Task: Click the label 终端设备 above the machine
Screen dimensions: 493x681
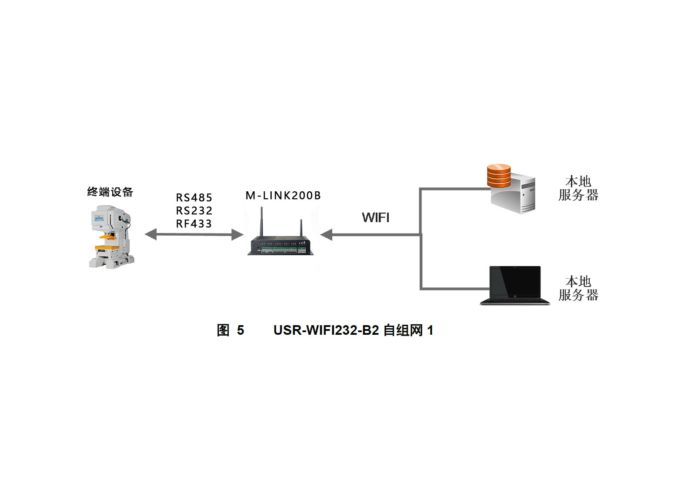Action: (110, 192)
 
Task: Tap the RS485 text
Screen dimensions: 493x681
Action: (194, 198)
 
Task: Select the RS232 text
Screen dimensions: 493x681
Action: (194, 211)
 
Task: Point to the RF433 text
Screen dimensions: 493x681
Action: (194, 224)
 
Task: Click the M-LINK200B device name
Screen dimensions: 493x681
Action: (283, 196)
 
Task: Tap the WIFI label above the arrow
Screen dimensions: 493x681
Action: (376, 217)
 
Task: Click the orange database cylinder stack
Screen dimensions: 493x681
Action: (499, 176)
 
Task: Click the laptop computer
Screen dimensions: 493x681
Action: (515, 285)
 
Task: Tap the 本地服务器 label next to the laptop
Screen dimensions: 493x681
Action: (578, 288)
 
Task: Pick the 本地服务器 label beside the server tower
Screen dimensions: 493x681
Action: (578, 188)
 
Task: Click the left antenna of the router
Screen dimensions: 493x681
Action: (261, 222)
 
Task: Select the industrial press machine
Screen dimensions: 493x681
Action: (111, 237)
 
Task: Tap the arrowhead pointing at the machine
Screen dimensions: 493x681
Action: (150, 235)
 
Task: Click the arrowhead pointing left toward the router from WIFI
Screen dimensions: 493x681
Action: (326, 235)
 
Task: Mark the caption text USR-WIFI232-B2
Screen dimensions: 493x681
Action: (326, 330)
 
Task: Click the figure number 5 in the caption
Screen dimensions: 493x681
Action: (240, 330)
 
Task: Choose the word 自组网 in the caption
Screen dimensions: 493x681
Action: (403, 330)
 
